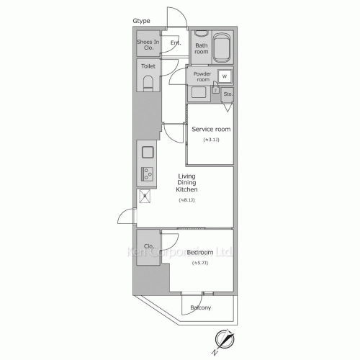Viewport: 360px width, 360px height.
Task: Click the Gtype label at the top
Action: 141,21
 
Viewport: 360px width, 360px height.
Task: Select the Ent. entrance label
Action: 175,43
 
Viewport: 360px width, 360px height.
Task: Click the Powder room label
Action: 202,76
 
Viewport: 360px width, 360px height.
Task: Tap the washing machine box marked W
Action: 224,76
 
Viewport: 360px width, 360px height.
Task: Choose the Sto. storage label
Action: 228,94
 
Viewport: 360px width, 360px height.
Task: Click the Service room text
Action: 211,130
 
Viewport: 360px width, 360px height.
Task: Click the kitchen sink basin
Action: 147,153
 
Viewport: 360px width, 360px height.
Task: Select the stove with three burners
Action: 147,174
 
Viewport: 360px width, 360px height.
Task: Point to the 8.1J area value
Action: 187,201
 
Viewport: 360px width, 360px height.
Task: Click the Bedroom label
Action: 199,253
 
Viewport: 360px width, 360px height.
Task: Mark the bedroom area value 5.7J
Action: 199,263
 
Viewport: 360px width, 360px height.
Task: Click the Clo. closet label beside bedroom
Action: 149,247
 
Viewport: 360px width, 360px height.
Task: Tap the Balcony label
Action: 201,308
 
